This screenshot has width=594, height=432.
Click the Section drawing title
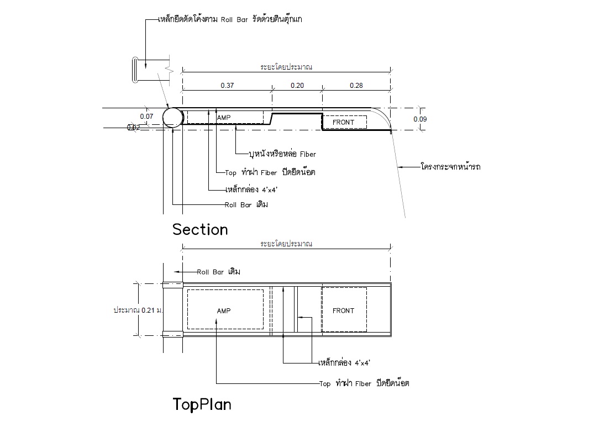pyautogui.click(x=200, y=229)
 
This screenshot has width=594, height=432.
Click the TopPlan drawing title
pyautogui.click(x=202, y=404)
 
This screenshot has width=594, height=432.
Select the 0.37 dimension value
pyautogui.click(x=227, y=86)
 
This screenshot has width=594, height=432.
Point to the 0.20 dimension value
pyautogui.click(x=297, y=86)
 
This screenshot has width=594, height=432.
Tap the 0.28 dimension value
pyautogui.click(x=356, y=86)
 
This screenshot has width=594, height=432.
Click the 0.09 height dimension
pyautogui.click(x=420, y=119)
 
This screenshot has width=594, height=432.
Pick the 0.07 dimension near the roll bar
pyautogui.click(x=146, y=117)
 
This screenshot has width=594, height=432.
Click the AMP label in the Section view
pyautogui.click(x=224, y=118)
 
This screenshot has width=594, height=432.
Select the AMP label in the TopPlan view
pyautogui.click(x=224, y=310)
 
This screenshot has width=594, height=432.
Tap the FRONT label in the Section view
pyautogui.click(x=343, y=122)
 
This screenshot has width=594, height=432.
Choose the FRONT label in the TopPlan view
pyautogui.click(x=343, y=310)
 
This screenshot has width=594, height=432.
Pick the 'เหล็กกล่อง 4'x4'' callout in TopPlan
pyautogui.click(x=344, y=363)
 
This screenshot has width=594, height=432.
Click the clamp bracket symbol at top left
pyautogui.click(x=135, y=70)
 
